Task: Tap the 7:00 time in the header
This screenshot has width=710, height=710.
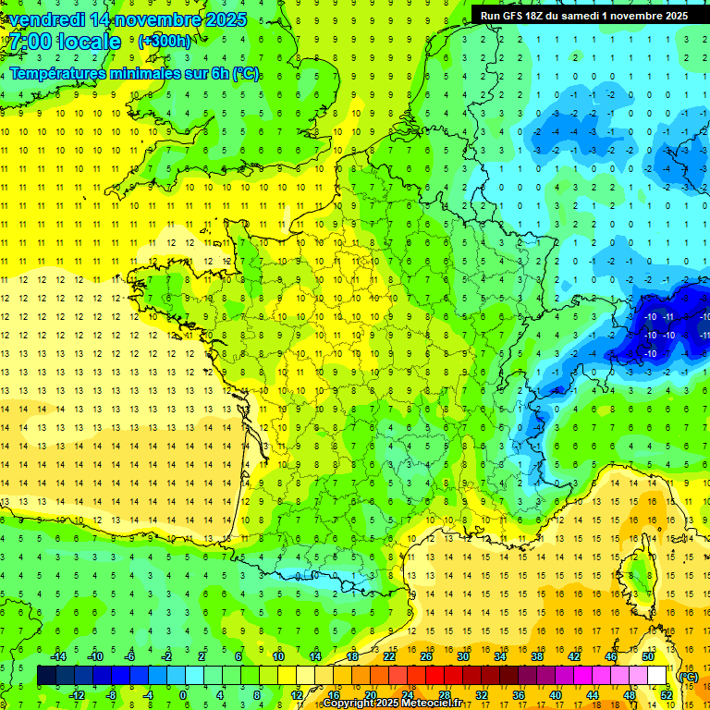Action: pos(30,43)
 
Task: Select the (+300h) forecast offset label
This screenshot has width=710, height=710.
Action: pos(165,42)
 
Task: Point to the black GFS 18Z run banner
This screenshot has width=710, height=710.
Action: pos(584,16)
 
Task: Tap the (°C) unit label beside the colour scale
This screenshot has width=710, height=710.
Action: pos(689,677)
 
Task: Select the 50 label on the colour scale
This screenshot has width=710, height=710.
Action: pos(648,656)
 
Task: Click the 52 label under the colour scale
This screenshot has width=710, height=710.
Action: pos(667,695)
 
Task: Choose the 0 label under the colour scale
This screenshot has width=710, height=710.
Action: pos(183,695)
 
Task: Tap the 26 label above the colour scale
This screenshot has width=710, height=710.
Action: pos(426,656)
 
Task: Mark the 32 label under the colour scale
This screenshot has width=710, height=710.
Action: pos(482,695)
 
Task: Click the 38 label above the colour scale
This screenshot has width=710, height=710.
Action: pos(537,656)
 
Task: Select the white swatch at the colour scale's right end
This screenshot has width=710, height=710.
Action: pos(657,676)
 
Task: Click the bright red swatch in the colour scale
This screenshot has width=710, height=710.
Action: pos(435,676)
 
